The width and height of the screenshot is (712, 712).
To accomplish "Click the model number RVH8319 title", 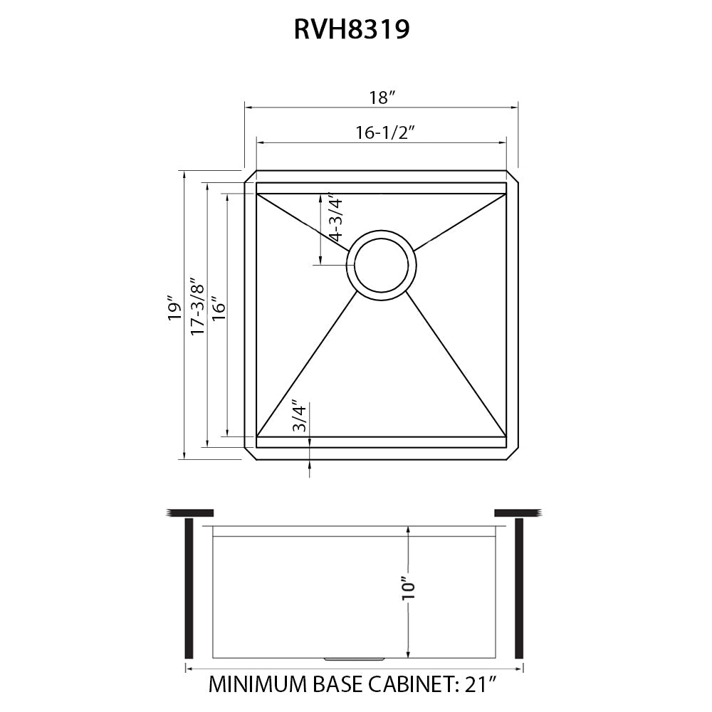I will point(352,30).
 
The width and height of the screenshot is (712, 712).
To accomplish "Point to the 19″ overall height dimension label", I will point(172,308).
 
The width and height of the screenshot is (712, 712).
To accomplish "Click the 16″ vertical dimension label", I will point(218,308).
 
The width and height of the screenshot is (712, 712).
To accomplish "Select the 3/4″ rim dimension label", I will point(300,418).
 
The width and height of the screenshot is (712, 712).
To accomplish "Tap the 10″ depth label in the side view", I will point(408,587).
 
